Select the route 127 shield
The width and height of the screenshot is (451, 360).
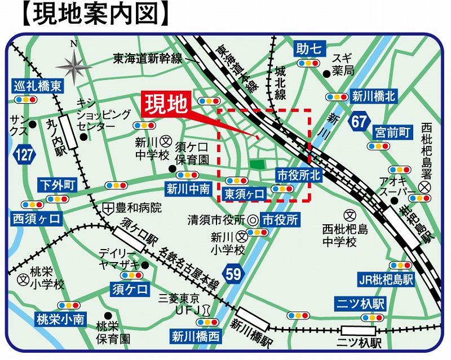25,155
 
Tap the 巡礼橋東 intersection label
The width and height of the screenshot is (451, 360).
38,86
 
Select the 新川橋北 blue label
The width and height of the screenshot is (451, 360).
374,96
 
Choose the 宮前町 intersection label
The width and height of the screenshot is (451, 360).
393,132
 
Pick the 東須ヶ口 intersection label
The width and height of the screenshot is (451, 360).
244,194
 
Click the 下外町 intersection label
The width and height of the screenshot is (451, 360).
58,185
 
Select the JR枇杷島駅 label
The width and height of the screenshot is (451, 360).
386,279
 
